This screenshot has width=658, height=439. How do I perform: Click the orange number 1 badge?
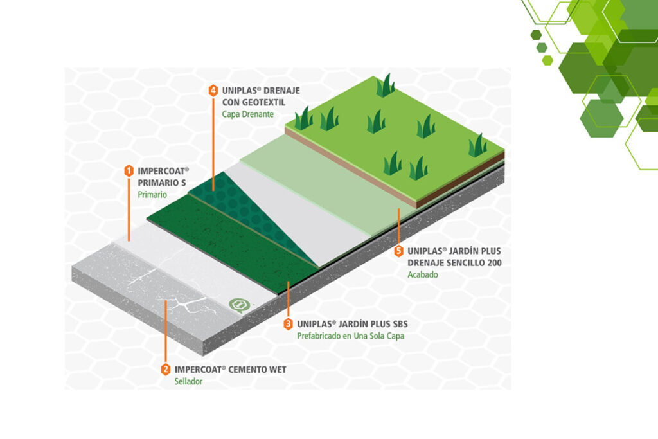point(129,171)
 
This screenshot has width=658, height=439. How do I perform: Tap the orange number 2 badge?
point(166,370)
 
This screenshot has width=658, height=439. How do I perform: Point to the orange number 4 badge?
point(213,91)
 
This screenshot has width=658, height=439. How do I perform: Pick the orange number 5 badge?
point(399,251)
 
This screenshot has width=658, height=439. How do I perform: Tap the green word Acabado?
point(422,274)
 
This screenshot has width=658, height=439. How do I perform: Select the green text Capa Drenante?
point(248,114)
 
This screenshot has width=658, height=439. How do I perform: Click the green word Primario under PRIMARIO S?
point(152,194)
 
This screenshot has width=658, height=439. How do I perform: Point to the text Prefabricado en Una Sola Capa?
point(350,336)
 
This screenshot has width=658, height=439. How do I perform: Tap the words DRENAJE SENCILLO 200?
point(455,263)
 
